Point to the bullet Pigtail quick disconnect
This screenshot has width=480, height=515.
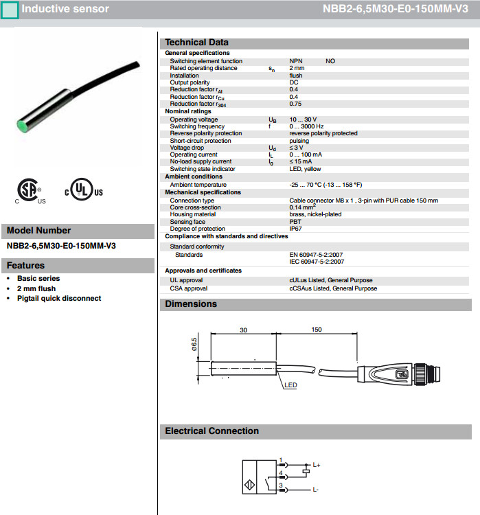pyautogui.click(x=59, y=298)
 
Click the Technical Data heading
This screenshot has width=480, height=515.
pyautogui.click(x=196, y=43)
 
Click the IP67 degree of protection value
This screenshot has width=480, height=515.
pyautogui.click(x=296, y=229)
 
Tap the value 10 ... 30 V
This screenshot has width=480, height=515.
pyautogui.click(x=303, y=119)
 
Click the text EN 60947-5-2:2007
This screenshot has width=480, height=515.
pyautogui.click(x=316, y=254)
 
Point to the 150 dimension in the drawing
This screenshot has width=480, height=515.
pyautogui.click(x=316, y=330)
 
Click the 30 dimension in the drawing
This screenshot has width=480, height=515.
pyautogui.click(x=243, y=330)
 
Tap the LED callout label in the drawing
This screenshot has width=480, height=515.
pyautogui.click(x=290, y=385)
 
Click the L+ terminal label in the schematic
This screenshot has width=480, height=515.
pyautogui.click(x=317, y=465)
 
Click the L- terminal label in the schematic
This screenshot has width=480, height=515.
pyautogui.click(x=316, y=489)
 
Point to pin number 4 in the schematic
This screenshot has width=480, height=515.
pyautogui.click(x=281, y=472)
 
